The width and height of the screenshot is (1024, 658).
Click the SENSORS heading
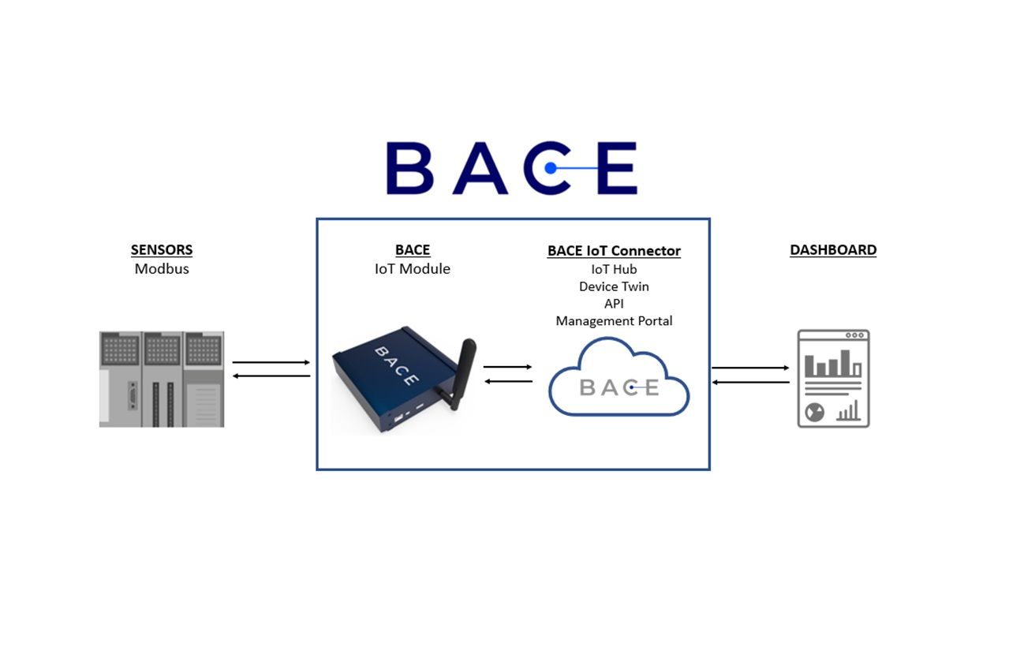[162, 250]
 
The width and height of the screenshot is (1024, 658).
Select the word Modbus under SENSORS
[162, 269]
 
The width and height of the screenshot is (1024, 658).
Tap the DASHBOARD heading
[833, 250]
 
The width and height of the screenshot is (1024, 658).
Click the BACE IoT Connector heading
[614, 251]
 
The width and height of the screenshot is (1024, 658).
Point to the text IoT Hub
[614, 270]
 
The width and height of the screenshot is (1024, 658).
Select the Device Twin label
[614, 286]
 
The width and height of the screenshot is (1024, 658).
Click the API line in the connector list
[614, 304]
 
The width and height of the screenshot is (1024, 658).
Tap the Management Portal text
[614, 321]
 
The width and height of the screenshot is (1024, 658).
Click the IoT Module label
[413, 269]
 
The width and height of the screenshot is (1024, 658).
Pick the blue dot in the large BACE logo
[551, 168]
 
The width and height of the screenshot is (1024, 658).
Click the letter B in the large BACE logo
[409, 168]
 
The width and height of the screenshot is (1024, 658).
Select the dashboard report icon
[833, 379]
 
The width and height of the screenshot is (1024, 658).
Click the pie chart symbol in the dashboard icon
[814, 412]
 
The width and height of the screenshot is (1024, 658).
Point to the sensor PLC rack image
[162, 379]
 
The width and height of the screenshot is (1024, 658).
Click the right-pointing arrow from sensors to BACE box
[271, 362]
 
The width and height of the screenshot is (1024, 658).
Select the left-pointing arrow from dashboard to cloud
[750, 383]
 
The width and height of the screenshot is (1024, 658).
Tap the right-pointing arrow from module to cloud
[507, 367]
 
